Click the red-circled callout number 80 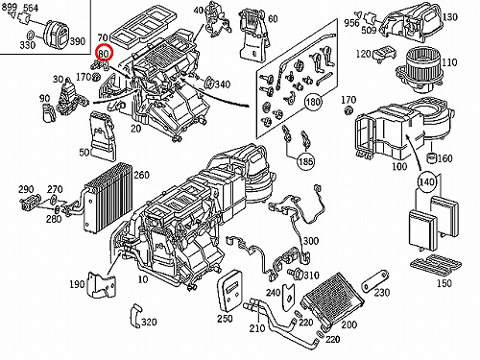tap(105, 54)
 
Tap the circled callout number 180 tap(313, 102)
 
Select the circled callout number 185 tap(305, 161)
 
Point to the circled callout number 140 tap(427, 182)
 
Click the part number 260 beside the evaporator tap(141, 175)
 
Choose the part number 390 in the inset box tap(77, 41)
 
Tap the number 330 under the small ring tap(28, 45)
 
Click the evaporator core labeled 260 tap(108, 198)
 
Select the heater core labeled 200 tap(332, 300)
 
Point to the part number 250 tap(225, 319)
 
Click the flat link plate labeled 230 tap(374, 280)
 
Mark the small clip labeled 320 tap(135, 316)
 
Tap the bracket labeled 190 tap(102, 284)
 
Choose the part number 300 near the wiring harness tap(310, 241)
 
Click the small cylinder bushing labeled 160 tap(432, 157)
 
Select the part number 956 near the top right tap(352, 23)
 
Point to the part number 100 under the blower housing tap(399, 166)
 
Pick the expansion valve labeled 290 tap(31, 203)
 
